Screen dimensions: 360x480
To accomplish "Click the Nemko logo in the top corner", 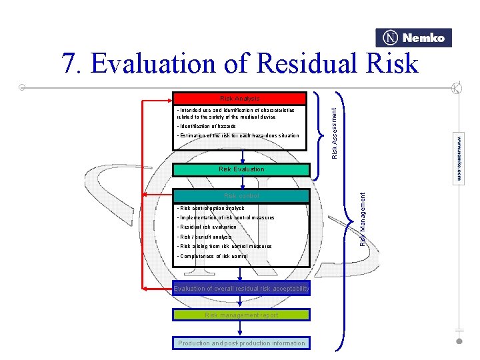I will tap(413, 38).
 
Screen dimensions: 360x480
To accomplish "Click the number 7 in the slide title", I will tap(69, 64).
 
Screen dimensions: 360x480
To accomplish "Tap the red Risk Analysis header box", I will tap(239, 99).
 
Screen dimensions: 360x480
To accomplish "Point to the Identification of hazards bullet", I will tap(206, 126).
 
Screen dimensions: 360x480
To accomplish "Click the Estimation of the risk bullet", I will tap(237, 136).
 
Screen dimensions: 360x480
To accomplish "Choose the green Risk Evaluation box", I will tap(241, 169).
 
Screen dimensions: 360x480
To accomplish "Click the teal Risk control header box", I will tap(241, 196).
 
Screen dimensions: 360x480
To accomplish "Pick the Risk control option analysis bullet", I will tap(211, 209).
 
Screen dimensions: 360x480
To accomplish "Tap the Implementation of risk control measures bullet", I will tap(225, 218).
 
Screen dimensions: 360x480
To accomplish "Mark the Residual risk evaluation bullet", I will tap(207, 227).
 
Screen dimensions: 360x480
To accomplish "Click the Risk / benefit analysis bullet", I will tap(204, 237).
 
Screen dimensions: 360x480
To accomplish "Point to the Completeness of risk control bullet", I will tap(212, 256).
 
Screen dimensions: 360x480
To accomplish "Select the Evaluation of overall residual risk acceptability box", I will tap(241, 289).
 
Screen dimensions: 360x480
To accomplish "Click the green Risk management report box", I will tap(241, 315).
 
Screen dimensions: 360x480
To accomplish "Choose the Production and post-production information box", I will tap(241, 343).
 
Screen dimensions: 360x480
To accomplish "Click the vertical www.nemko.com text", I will tap(459, 159).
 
